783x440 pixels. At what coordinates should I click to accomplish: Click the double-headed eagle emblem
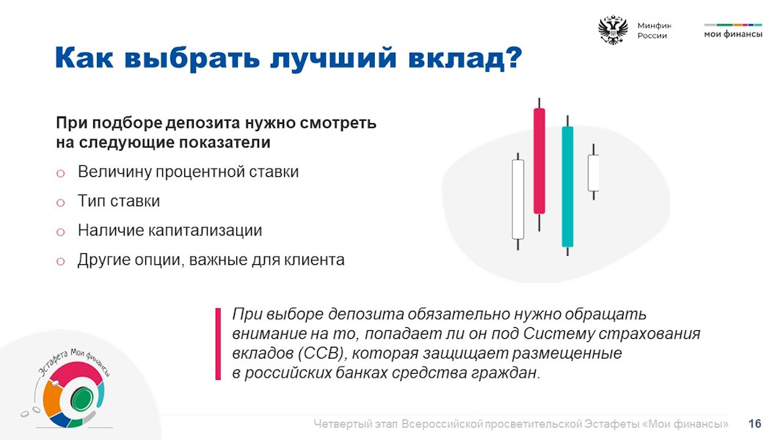(613, 30)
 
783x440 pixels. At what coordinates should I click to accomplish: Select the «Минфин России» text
(654, 30)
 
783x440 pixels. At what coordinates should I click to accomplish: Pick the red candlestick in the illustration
(539, 161)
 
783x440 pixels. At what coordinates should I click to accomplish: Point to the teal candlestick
(567, 186)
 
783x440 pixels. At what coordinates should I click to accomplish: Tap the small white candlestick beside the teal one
(593, 172)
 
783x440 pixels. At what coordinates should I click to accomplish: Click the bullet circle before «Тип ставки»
(60, 202)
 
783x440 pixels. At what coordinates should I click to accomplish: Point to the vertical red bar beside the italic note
(218, 344)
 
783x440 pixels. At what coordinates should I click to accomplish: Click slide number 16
(754, 424)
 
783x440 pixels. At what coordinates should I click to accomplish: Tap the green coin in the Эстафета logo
(81, 399)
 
